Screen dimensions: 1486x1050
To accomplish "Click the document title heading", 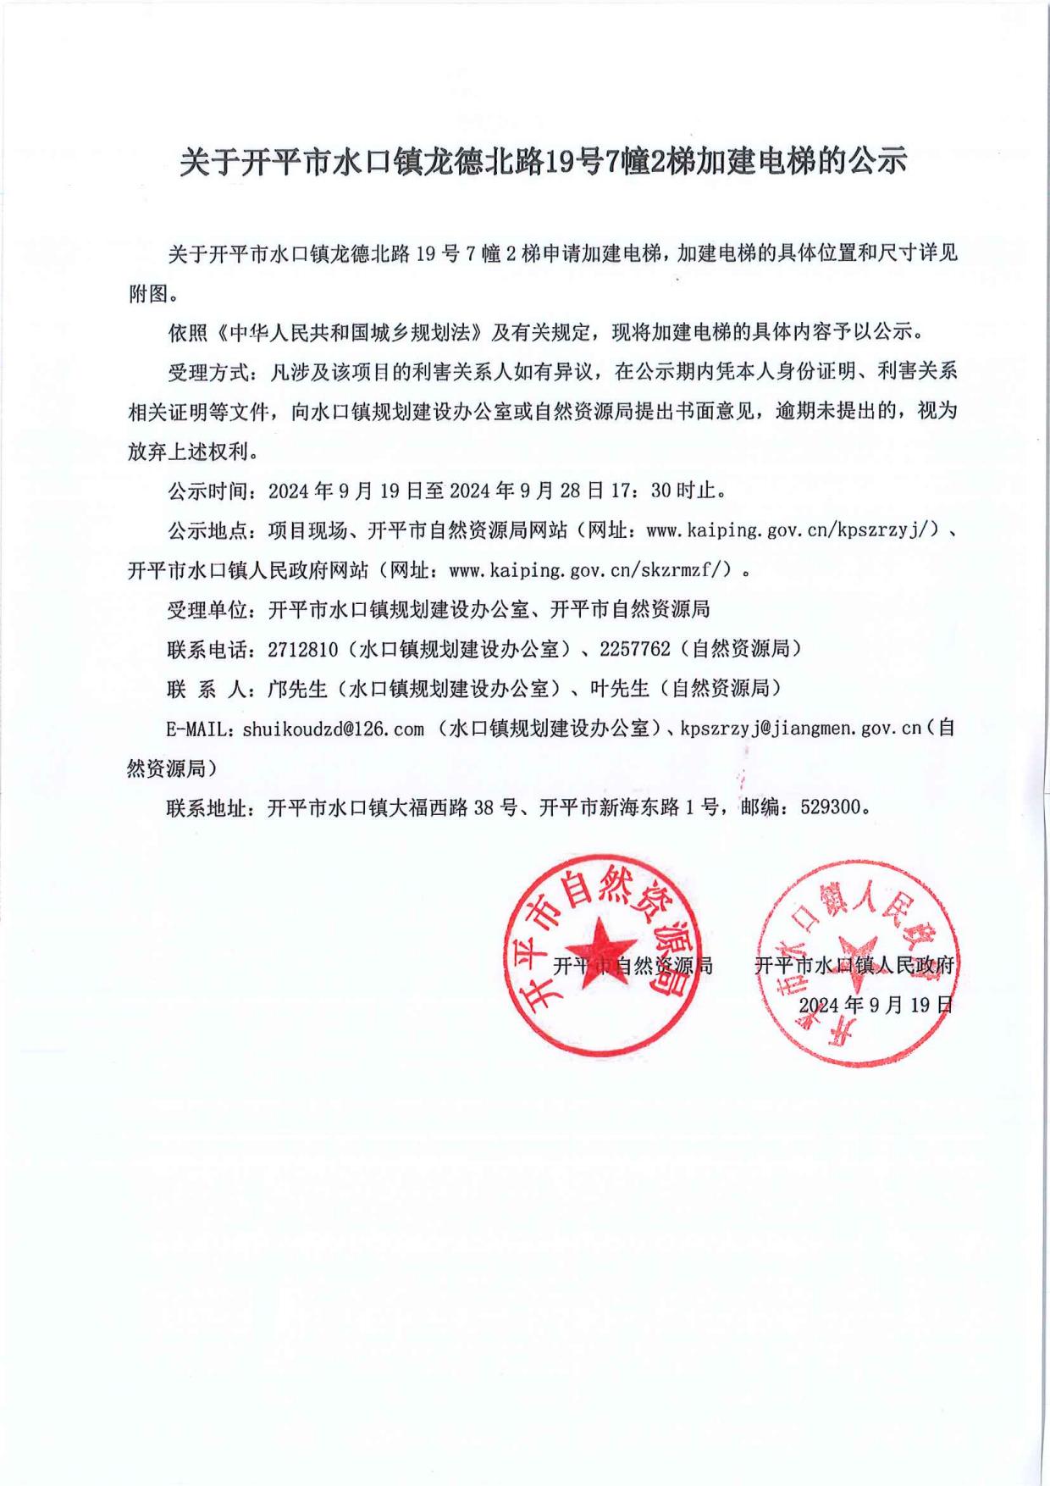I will [x=542, y=161].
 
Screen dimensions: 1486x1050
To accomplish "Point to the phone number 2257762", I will [x=634, y=649].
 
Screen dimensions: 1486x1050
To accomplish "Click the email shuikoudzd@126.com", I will [x=333, y=729].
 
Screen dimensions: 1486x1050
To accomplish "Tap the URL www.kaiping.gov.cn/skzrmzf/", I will [x=589, y=570].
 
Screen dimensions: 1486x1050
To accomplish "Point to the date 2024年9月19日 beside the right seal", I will [x=876, y=1005].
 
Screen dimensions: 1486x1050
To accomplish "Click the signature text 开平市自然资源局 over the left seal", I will [x=633, y=965].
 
